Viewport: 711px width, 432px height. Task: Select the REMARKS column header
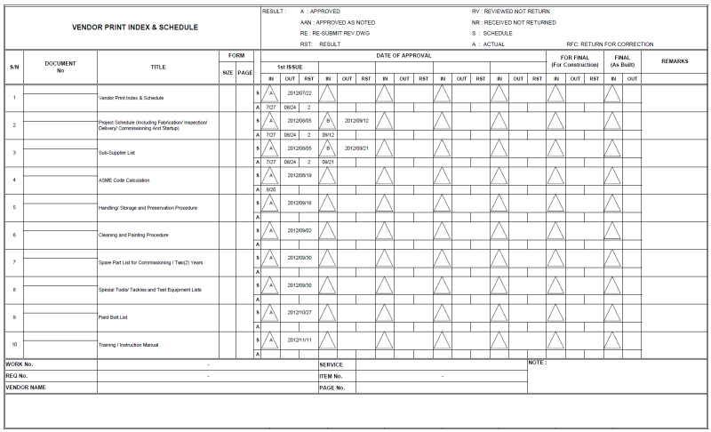[x=675, y=60]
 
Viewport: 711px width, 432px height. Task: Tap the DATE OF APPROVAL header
[x=403, y=55]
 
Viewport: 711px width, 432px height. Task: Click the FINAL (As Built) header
[x=622, y=60]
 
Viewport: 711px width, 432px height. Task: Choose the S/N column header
[x=14, y=67]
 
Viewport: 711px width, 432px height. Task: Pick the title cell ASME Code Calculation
[x=124, y=180]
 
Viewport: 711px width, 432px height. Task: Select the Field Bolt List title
[x=114, y=317]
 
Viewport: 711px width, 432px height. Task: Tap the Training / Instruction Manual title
[x=128, y=345]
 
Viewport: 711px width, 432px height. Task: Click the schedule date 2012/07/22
[x=300, y=92]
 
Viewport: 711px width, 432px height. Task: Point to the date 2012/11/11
[x=300, y=340]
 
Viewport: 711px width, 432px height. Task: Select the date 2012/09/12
[x=356, y=120]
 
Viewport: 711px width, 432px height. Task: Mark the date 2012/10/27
[x=300, y=312]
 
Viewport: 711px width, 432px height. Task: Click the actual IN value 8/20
[x=271, y=189]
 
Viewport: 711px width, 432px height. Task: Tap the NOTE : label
[x=538, y=363]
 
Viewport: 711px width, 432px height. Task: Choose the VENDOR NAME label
[x=26, y=388]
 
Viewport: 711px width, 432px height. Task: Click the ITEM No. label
[x=332, y=376]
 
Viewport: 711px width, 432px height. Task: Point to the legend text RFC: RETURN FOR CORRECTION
[x=610, y=44]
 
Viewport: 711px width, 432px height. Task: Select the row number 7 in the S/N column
[x=14, y=263]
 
